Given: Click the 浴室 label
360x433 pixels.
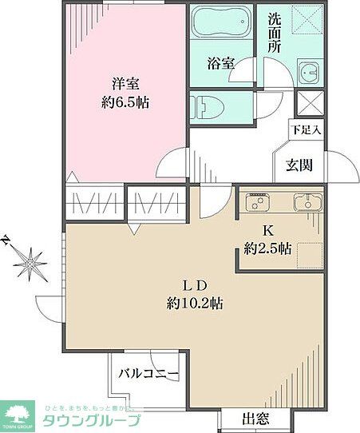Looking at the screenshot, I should pos(221,63).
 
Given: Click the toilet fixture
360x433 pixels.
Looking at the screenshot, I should pos(204,105).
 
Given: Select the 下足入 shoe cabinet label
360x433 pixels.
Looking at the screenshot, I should pos(307,129).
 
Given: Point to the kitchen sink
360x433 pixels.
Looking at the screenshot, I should pos(306,203).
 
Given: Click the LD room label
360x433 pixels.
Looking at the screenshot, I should pos(194,285).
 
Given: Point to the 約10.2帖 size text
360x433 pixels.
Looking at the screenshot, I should pos(194,304).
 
